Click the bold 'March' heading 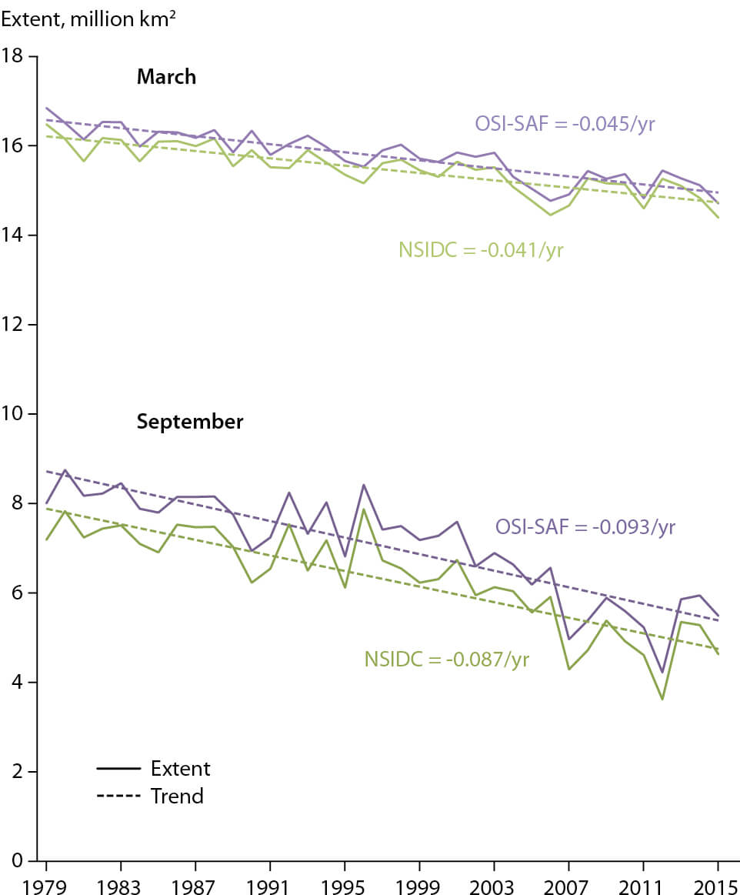coord(166,77)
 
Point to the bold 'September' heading coord(190,422)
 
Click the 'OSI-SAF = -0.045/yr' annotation coord(565,123)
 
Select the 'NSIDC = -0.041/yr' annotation coord(482,249)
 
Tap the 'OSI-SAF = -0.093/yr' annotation coord(585,527)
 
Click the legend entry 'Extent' coord(180,768)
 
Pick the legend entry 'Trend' coord(177,796)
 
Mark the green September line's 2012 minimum coord(662,699)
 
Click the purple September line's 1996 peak coord(363,485)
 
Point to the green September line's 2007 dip coord(568,670)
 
